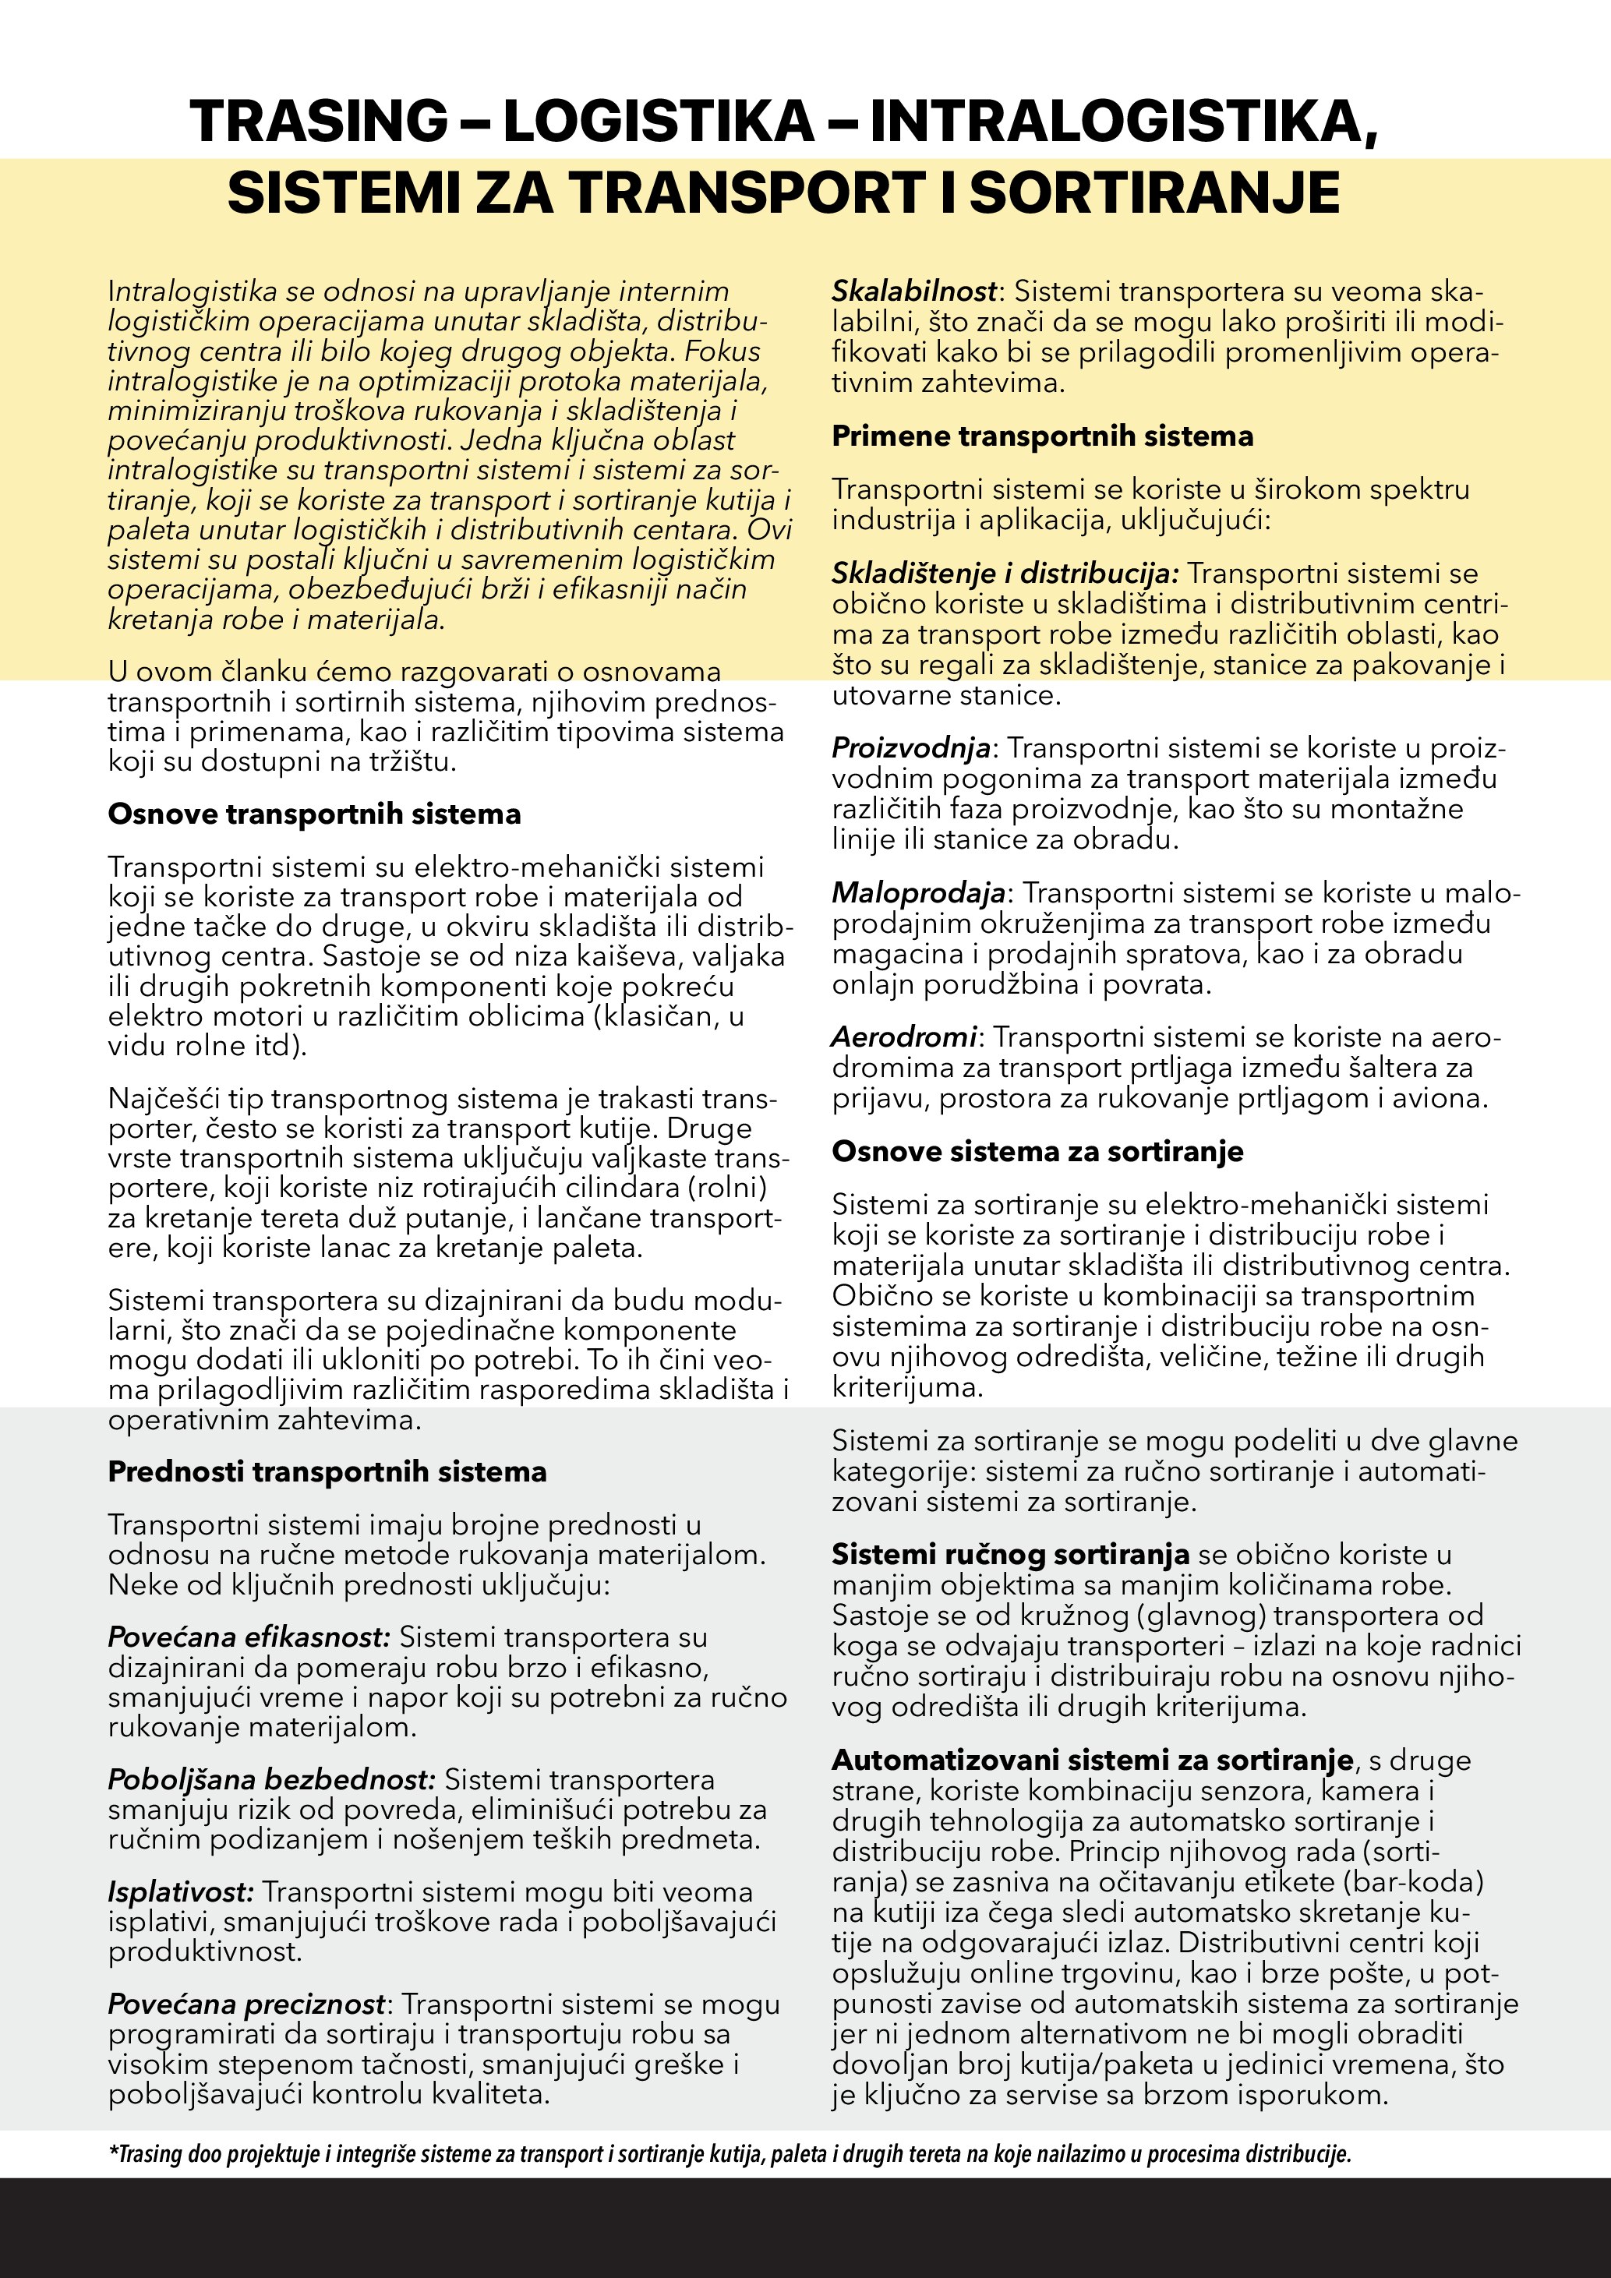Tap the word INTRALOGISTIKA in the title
pos(1122,121)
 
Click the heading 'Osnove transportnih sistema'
pos(313,814)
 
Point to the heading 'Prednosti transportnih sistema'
pos(327,1471)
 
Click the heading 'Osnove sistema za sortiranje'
pos(1037,1152)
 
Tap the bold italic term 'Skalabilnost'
pos(913,291)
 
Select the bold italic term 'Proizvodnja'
pos(910,748)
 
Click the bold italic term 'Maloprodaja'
pos(917,893)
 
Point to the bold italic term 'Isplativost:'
pos(181,1892)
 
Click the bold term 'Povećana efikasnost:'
pos(249,1637)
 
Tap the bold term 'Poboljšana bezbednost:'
pos(270,1780)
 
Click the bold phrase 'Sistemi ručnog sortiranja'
pos(1010,1555)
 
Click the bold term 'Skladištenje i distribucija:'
pos(1005,574)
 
